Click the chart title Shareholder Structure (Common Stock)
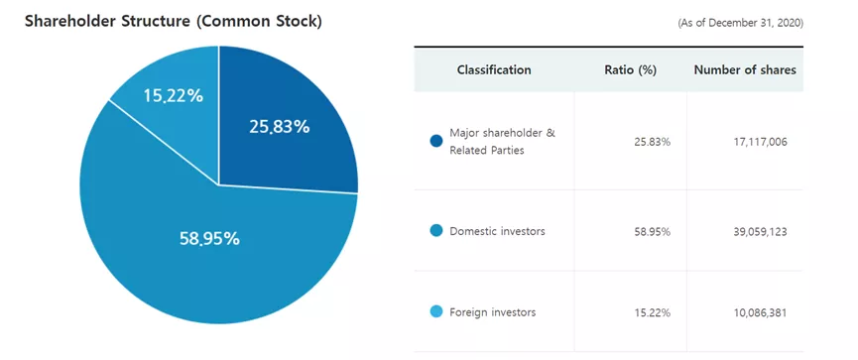174,22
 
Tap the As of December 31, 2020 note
740,23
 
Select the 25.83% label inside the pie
280,127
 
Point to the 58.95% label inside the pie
209,239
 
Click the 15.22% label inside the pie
174,96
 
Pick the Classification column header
494,69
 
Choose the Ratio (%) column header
631,70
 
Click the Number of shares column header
745,69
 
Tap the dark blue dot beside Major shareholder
436,141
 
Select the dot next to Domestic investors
436,231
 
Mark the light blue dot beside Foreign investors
436,312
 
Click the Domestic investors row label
497,231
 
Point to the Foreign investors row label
492,312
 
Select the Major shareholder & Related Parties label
502,141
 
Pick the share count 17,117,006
760,142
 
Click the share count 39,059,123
760,231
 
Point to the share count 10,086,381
760,313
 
